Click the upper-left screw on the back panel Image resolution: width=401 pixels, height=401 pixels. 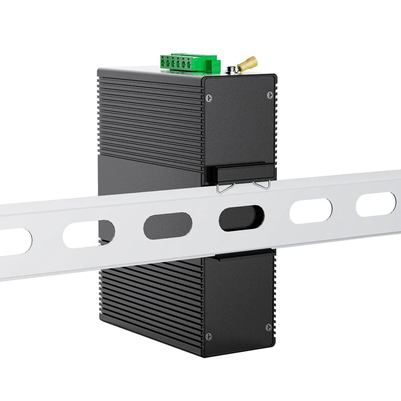click(209, 97)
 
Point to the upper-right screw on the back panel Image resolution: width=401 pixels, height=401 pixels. click(270, 94)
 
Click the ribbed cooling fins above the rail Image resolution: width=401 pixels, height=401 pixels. click(150, 115)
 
